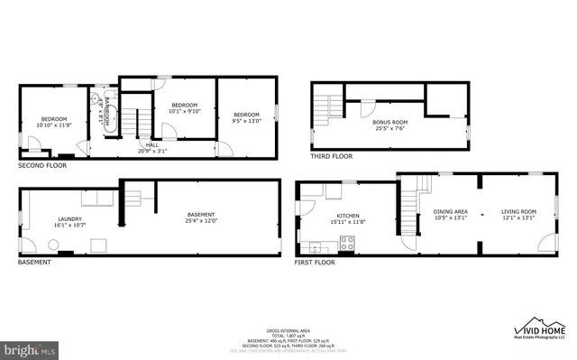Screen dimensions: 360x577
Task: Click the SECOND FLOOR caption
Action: click(42, 166)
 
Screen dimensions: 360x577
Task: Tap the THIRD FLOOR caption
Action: click(331, 156)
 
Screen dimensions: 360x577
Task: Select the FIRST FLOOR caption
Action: click(315, 263)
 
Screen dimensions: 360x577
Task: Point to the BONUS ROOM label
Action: click(390, 122)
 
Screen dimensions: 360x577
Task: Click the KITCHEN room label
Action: click(349, 216)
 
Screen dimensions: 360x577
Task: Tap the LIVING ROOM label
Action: click(518, 211)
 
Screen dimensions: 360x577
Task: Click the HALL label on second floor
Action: click(152, 144)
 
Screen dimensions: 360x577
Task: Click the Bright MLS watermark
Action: click(30, 346)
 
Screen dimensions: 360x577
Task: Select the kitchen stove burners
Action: click(347, 242)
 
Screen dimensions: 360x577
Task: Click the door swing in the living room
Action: click(545, 243)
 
